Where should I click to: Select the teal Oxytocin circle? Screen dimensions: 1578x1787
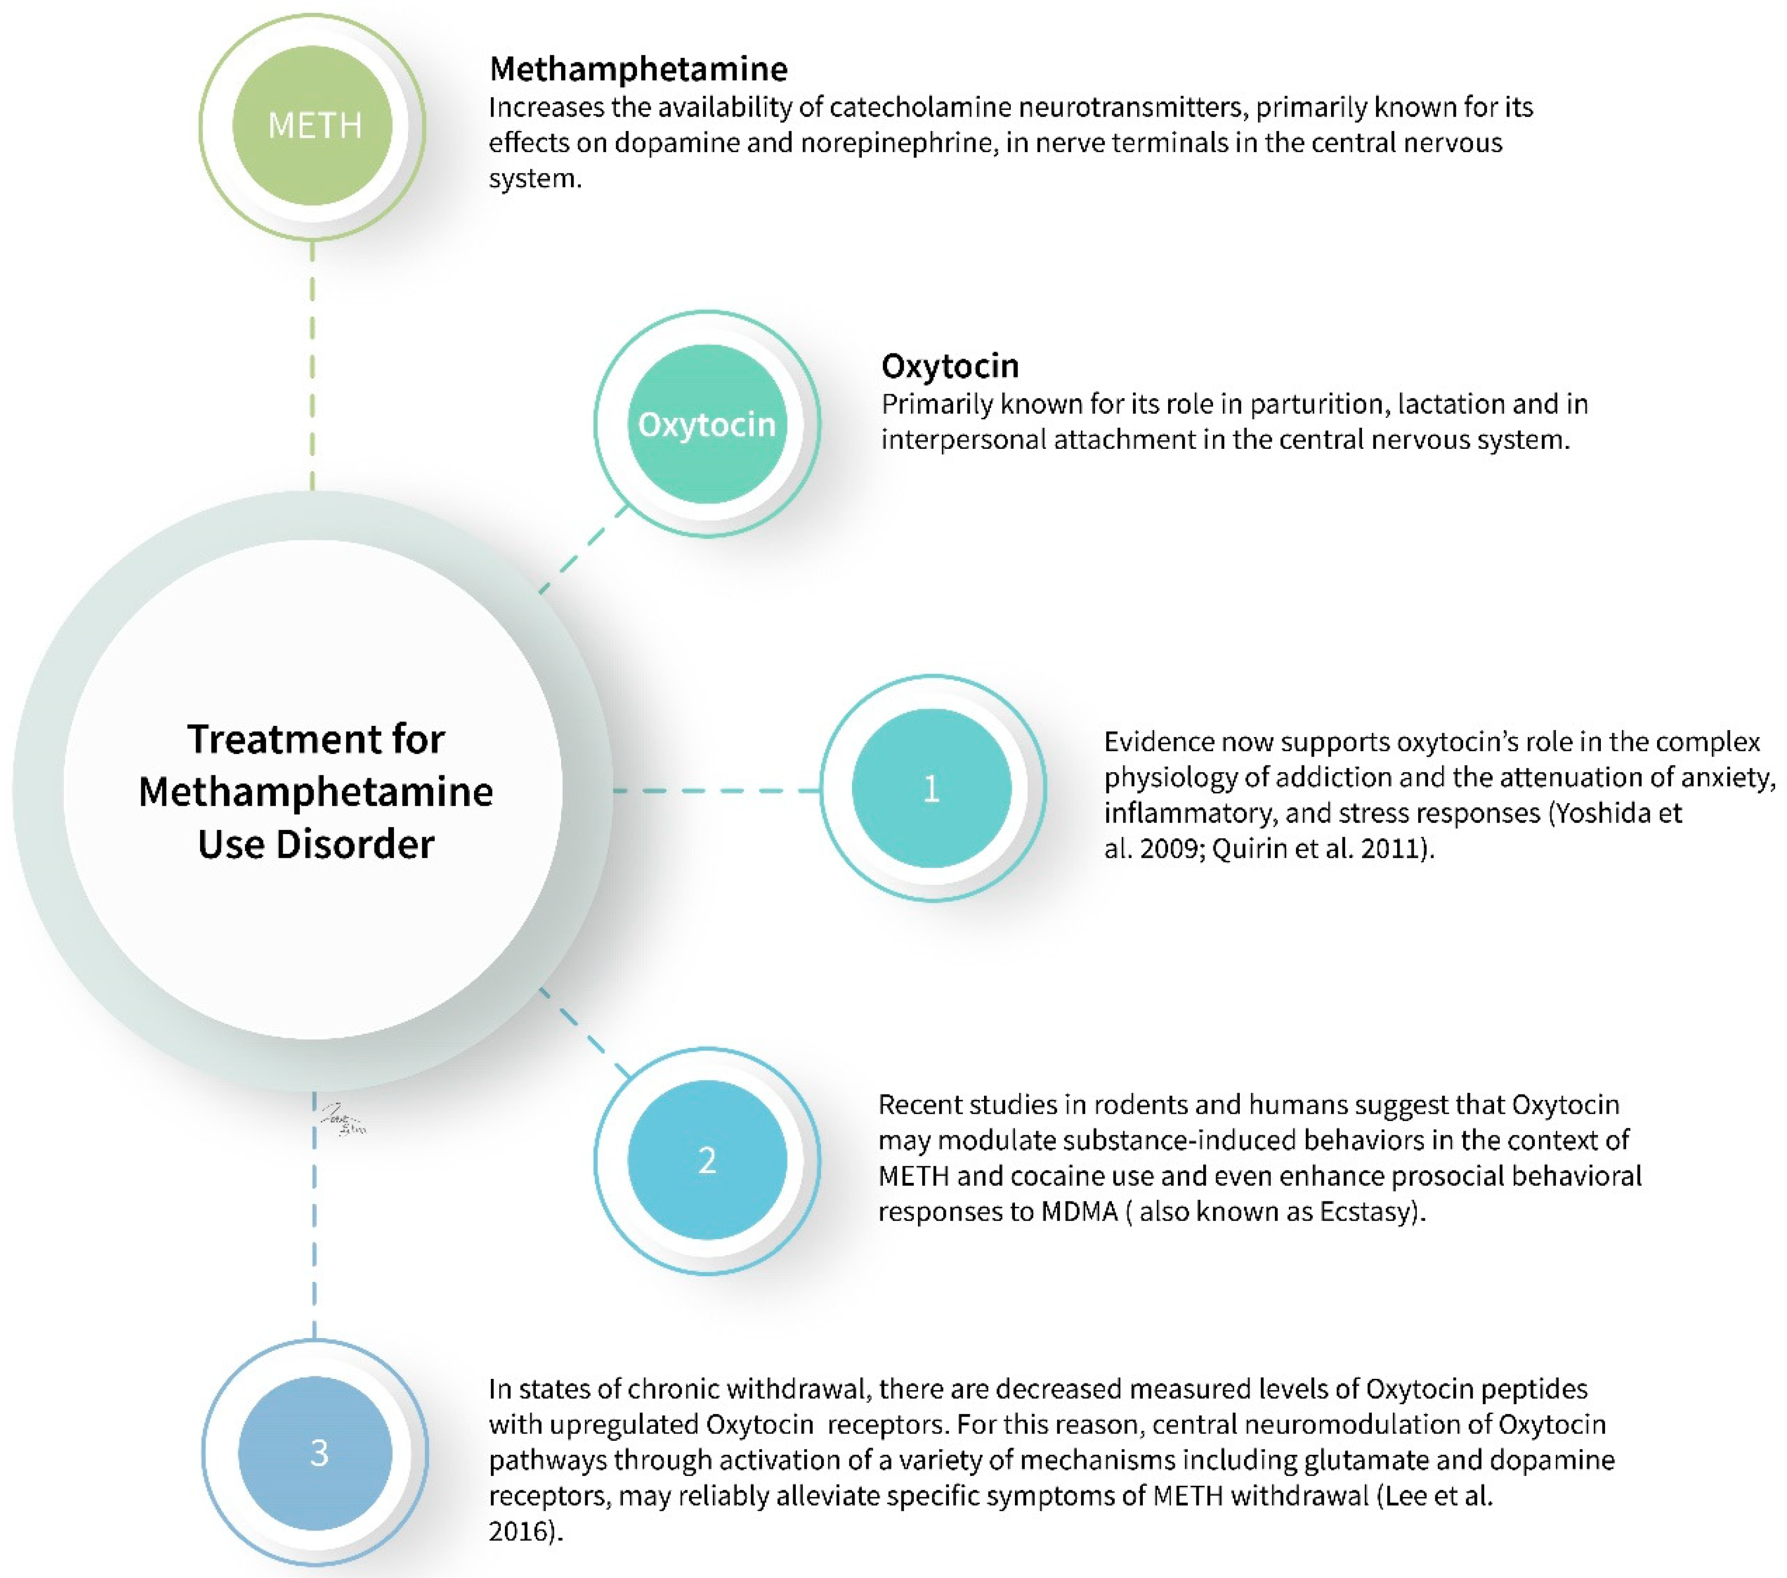coord(707,424)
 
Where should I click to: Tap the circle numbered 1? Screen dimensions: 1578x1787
coord(932,788)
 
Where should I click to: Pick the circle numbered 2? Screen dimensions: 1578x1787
coord(707,1160)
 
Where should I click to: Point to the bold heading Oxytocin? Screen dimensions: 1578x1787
coord(949,365)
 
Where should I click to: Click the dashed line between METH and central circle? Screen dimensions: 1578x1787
coord(312,367)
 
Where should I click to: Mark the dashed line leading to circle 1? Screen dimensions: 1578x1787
coord(717,790)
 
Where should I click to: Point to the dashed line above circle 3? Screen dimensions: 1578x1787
coord(314,1242)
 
